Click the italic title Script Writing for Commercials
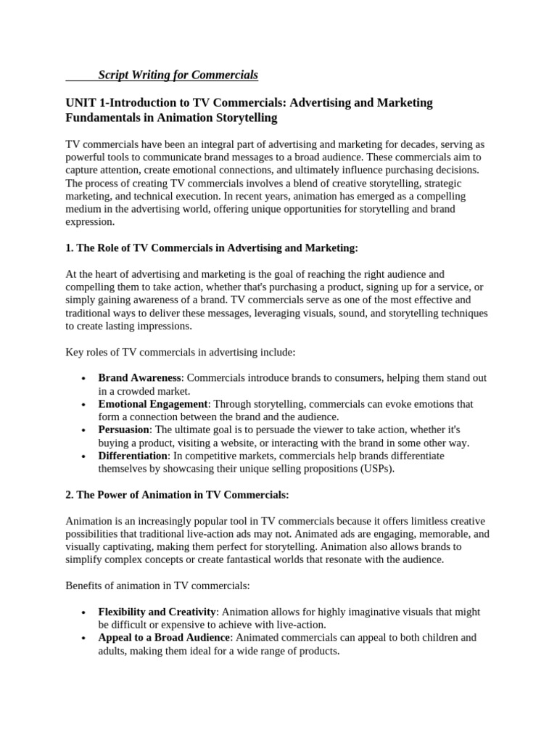178,75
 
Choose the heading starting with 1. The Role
212,248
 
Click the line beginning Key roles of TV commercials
181,352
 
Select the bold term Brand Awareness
139,378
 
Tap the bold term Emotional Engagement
153,404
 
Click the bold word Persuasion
124,430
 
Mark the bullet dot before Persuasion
84,430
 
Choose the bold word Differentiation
133,456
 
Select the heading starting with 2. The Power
177,495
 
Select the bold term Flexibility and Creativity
157,612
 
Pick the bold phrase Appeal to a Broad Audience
164,638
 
